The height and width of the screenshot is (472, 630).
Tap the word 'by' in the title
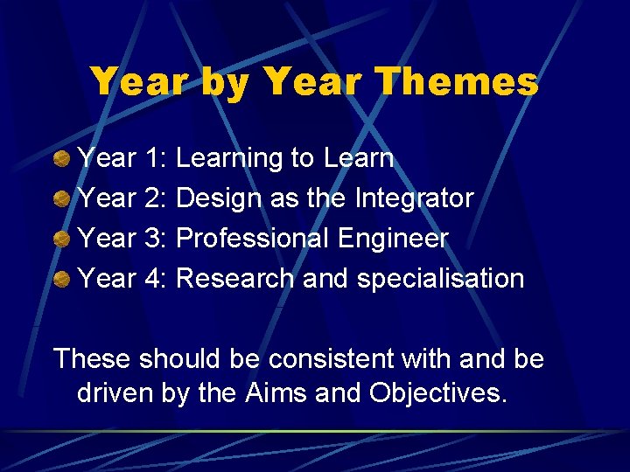(226, 83)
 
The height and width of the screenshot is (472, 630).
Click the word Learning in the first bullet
(229, 159)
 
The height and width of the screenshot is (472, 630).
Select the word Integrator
(414, 198)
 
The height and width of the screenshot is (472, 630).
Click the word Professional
(252, 239)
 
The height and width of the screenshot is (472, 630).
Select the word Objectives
(437, 393)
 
